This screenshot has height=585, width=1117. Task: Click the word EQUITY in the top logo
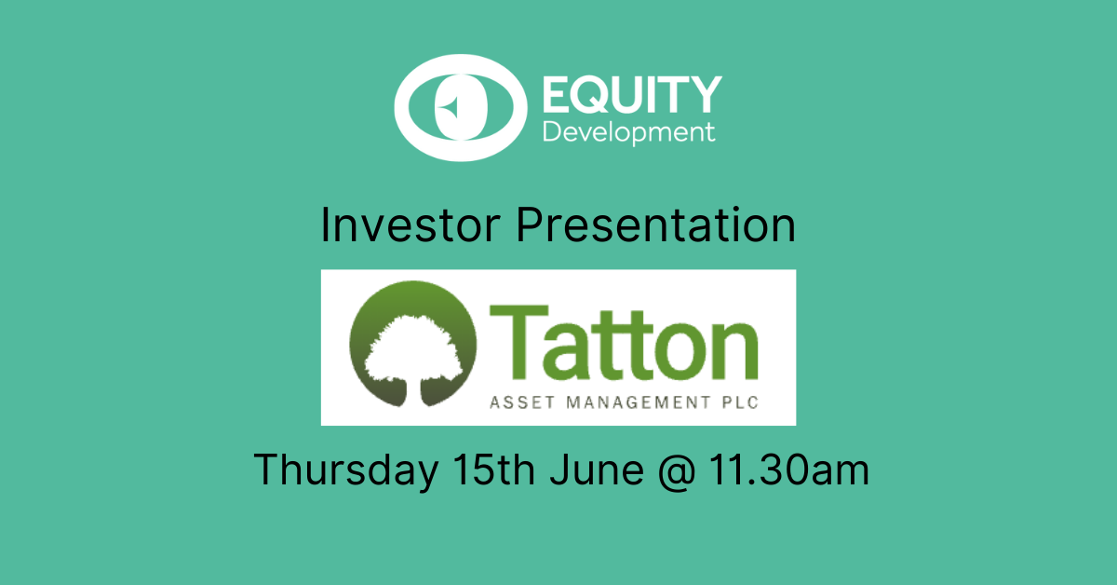(632, 95)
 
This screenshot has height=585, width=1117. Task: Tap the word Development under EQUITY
(629, 133)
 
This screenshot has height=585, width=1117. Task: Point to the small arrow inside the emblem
(449, 107)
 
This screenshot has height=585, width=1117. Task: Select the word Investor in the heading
(410, 225)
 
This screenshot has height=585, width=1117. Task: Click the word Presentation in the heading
(655, 225)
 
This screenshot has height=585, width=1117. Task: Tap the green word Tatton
(624, 343)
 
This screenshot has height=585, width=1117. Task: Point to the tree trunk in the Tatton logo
(413, 392)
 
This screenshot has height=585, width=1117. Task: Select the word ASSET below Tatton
(522, 402)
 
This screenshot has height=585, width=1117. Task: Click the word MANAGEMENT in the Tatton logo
(639, 402)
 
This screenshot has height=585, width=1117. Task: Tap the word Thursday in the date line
(346, 469)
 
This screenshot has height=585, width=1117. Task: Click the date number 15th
(493, 469)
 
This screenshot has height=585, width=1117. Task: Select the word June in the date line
(597, 469)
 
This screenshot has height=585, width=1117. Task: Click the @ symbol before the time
(676, 471)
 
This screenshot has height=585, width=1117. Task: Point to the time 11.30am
(789, 469)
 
